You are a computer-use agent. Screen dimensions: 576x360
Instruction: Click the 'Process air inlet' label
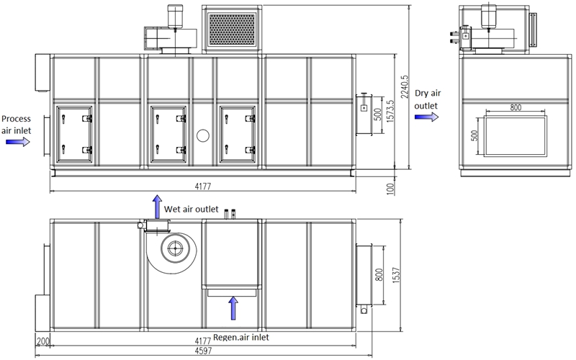(x=16, y=125)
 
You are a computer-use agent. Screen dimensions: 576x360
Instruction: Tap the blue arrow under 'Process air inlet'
(x=18, y=141)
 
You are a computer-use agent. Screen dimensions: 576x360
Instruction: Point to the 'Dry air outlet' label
(x=427, y=99)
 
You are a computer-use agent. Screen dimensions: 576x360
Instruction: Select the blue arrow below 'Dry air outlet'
(x=426, y=117)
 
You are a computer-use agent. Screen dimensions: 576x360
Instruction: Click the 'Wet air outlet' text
(x=191, y=210)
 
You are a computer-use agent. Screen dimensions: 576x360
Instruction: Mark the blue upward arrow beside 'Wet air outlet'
(x=157, y=207)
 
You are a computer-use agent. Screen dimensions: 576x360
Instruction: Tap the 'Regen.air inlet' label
(x=241, y=337)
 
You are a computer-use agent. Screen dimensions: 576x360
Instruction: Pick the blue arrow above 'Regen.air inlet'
(x=233, y=308)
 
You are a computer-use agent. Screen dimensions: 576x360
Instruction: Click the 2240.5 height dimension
(x=405, y=86)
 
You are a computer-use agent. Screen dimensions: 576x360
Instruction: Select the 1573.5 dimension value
(x=390, y=112)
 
